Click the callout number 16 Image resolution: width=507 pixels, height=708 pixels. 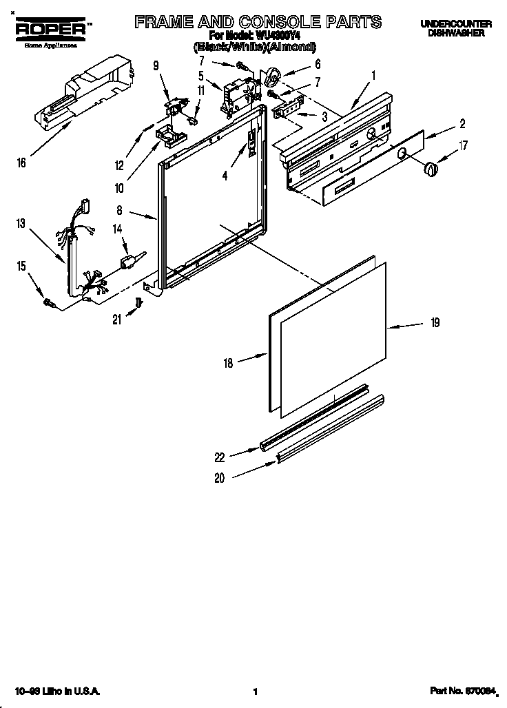coord(22,163)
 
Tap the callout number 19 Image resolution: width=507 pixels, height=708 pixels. coord(435,322)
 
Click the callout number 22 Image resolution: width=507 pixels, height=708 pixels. coord(220,457)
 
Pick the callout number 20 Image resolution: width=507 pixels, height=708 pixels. coord(220,479)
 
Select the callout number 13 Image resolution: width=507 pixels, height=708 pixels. coord(21,222)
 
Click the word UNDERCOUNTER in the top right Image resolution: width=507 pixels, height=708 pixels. coord(456,24)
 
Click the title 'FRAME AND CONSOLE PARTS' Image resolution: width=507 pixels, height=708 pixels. coord(258,22)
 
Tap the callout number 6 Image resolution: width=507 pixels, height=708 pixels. coord(318,63)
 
